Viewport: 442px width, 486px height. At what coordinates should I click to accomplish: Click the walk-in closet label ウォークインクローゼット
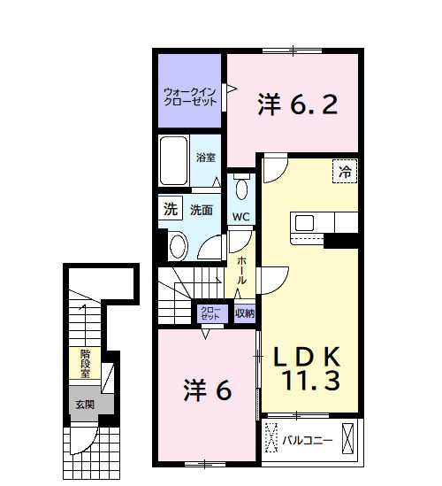[x=190, y=97]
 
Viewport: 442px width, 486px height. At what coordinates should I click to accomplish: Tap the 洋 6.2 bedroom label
[x=297, y=104]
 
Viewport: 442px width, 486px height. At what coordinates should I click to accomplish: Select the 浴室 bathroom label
[x=206, y=158]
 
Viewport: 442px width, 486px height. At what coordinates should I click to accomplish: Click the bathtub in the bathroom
[x=174, y=160]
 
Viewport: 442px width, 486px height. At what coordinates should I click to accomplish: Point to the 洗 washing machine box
[x=171, y=209]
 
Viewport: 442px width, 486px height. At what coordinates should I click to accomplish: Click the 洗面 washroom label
[x=202, y=210]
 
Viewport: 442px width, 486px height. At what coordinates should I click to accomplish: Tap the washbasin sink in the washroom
[x=179, y=246]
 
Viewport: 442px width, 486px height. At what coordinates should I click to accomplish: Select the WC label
[x=240, y=217]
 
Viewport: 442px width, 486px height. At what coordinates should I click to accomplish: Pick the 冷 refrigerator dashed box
[x=345, y=171]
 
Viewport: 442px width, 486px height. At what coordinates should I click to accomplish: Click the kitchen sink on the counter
[x=304, y=223]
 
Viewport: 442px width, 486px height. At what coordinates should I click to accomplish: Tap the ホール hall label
[x=241, y=271]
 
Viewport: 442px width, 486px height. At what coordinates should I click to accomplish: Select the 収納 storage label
[x=245, y=313]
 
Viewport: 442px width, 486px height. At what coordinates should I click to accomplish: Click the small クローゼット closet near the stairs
[x=210, y=313]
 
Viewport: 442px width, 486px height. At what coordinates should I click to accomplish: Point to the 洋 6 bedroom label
[x=208, y=390]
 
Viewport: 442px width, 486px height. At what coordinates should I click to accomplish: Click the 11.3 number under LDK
[x=311, y=380]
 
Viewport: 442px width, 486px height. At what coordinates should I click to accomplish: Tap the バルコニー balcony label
[x=307, y=440]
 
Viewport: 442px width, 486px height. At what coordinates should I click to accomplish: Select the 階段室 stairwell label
[x=85, y=364]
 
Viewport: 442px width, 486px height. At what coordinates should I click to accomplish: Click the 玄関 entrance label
[x=85, y=405]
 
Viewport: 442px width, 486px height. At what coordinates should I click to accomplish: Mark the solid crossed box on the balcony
[x=347, y=438]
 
